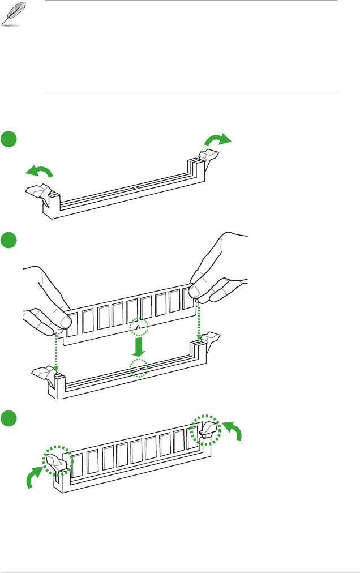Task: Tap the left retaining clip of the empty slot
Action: coord(38,194)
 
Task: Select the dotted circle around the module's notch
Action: coord(139,328)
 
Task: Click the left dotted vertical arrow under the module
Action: coord(56,351)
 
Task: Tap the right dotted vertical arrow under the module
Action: coord(199,323)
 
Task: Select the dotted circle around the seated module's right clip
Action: coord(206,430)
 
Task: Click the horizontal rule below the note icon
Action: coord(191,91)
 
